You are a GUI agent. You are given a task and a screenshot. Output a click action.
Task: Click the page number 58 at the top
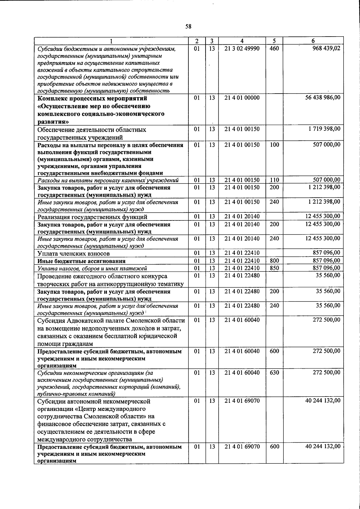(x=188, y=26)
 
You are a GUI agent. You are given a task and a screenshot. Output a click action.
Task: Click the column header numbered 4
(x=242, y=41)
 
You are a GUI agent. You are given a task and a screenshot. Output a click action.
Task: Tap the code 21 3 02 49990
(x=242, y=48)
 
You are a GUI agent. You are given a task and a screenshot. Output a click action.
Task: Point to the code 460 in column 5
(x=274, y=48)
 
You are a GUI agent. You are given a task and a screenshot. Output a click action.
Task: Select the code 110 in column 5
(x=274, y=180)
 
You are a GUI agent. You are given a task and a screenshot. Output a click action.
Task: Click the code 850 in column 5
(x=274, y=268)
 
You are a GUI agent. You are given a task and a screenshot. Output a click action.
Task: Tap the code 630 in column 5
(x=274, y=373)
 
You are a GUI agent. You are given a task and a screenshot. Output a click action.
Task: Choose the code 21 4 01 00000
(x=242, y=97)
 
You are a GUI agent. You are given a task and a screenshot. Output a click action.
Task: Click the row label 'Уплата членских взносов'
(x=71, y=254)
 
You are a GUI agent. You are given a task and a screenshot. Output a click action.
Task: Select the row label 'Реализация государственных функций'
(x=92, y=217)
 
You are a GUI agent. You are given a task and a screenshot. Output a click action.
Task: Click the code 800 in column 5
(x=274, y=261)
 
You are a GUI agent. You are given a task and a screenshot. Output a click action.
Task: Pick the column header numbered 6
(x=313, y=41)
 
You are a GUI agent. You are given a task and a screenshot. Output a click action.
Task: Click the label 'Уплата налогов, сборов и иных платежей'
(x=92, y=268)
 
